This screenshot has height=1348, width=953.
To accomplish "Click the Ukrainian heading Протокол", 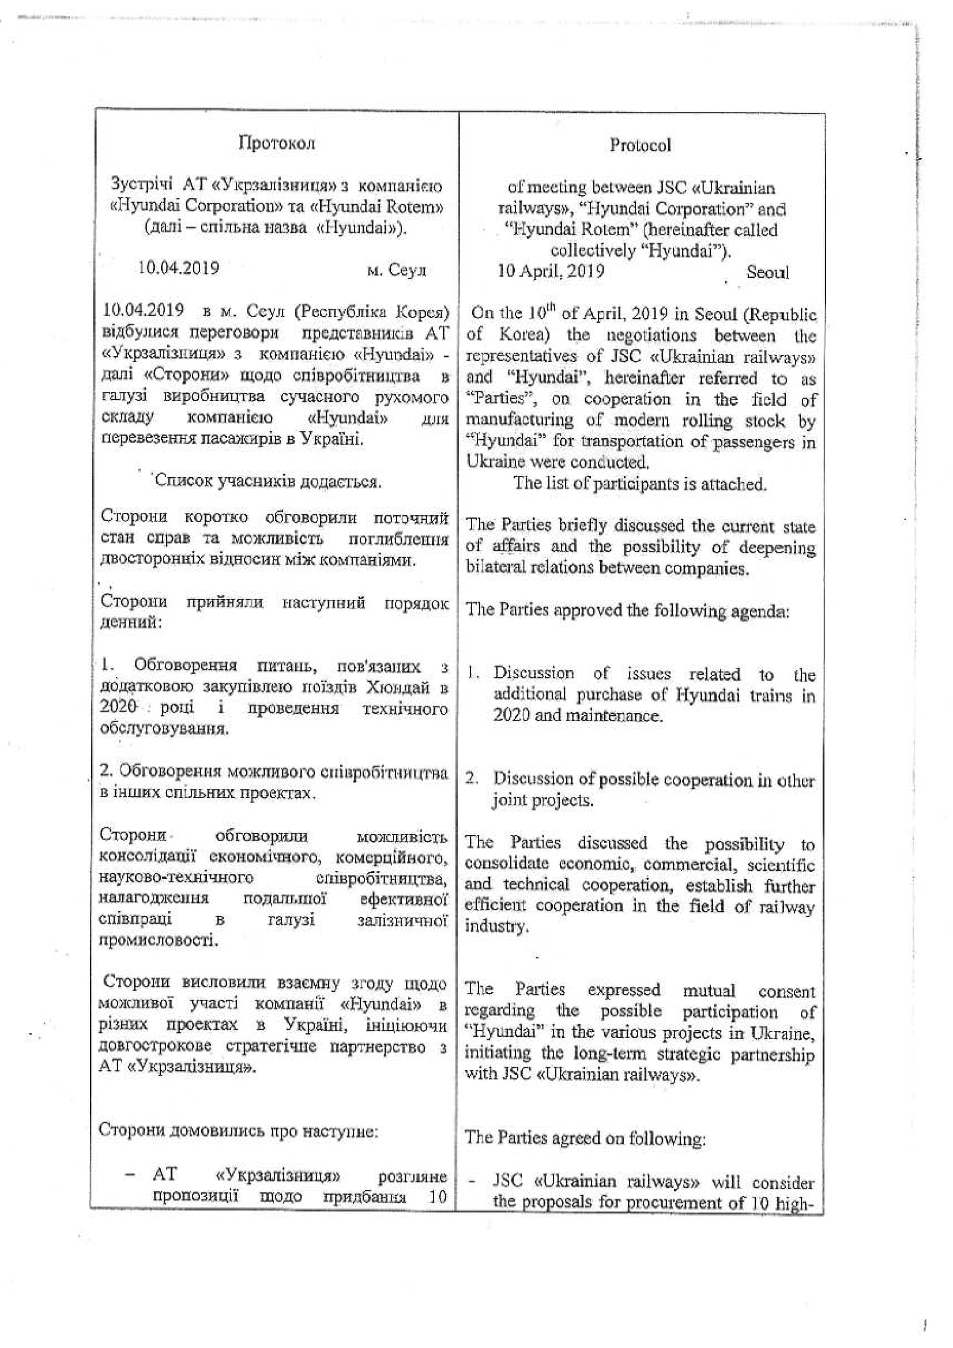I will tap(277, 144).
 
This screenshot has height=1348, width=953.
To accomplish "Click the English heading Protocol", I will tap(639, 145).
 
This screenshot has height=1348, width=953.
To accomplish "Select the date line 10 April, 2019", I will tap(551, 271).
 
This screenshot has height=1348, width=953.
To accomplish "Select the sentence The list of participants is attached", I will tap(640, 484).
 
